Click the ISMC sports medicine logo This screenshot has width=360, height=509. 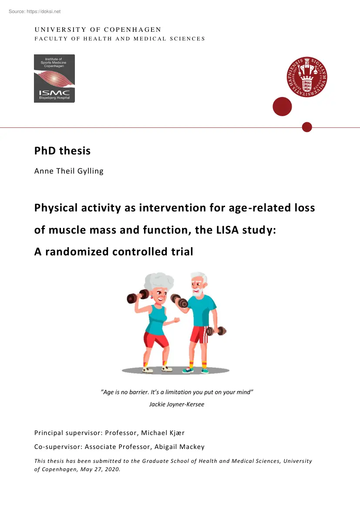(54, 78)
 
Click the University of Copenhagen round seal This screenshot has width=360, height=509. (307, 77)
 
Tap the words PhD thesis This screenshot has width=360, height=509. (62, 151)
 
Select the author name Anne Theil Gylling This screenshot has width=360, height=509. (69, 171)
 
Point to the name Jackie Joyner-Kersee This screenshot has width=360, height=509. (177, 404)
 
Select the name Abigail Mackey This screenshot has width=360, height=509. (179, 447)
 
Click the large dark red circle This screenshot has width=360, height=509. (282, 107)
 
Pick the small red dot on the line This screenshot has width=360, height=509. (307, 127)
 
